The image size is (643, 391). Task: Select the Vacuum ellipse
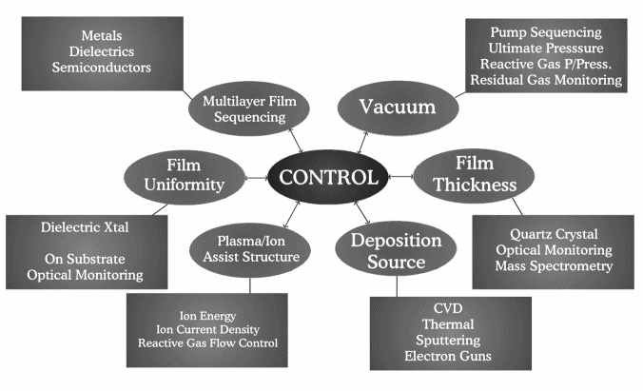[397, 108]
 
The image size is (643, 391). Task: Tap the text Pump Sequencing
[545, 31]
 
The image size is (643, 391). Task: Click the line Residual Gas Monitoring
[545, 82]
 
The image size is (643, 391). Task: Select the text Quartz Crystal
[553, 233]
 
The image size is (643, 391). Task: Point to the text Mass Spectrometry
[553, 266]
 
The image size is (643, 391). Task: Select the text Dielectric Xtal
[86, 227]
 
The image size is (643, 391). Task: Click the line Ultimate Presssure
[545, 48]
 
